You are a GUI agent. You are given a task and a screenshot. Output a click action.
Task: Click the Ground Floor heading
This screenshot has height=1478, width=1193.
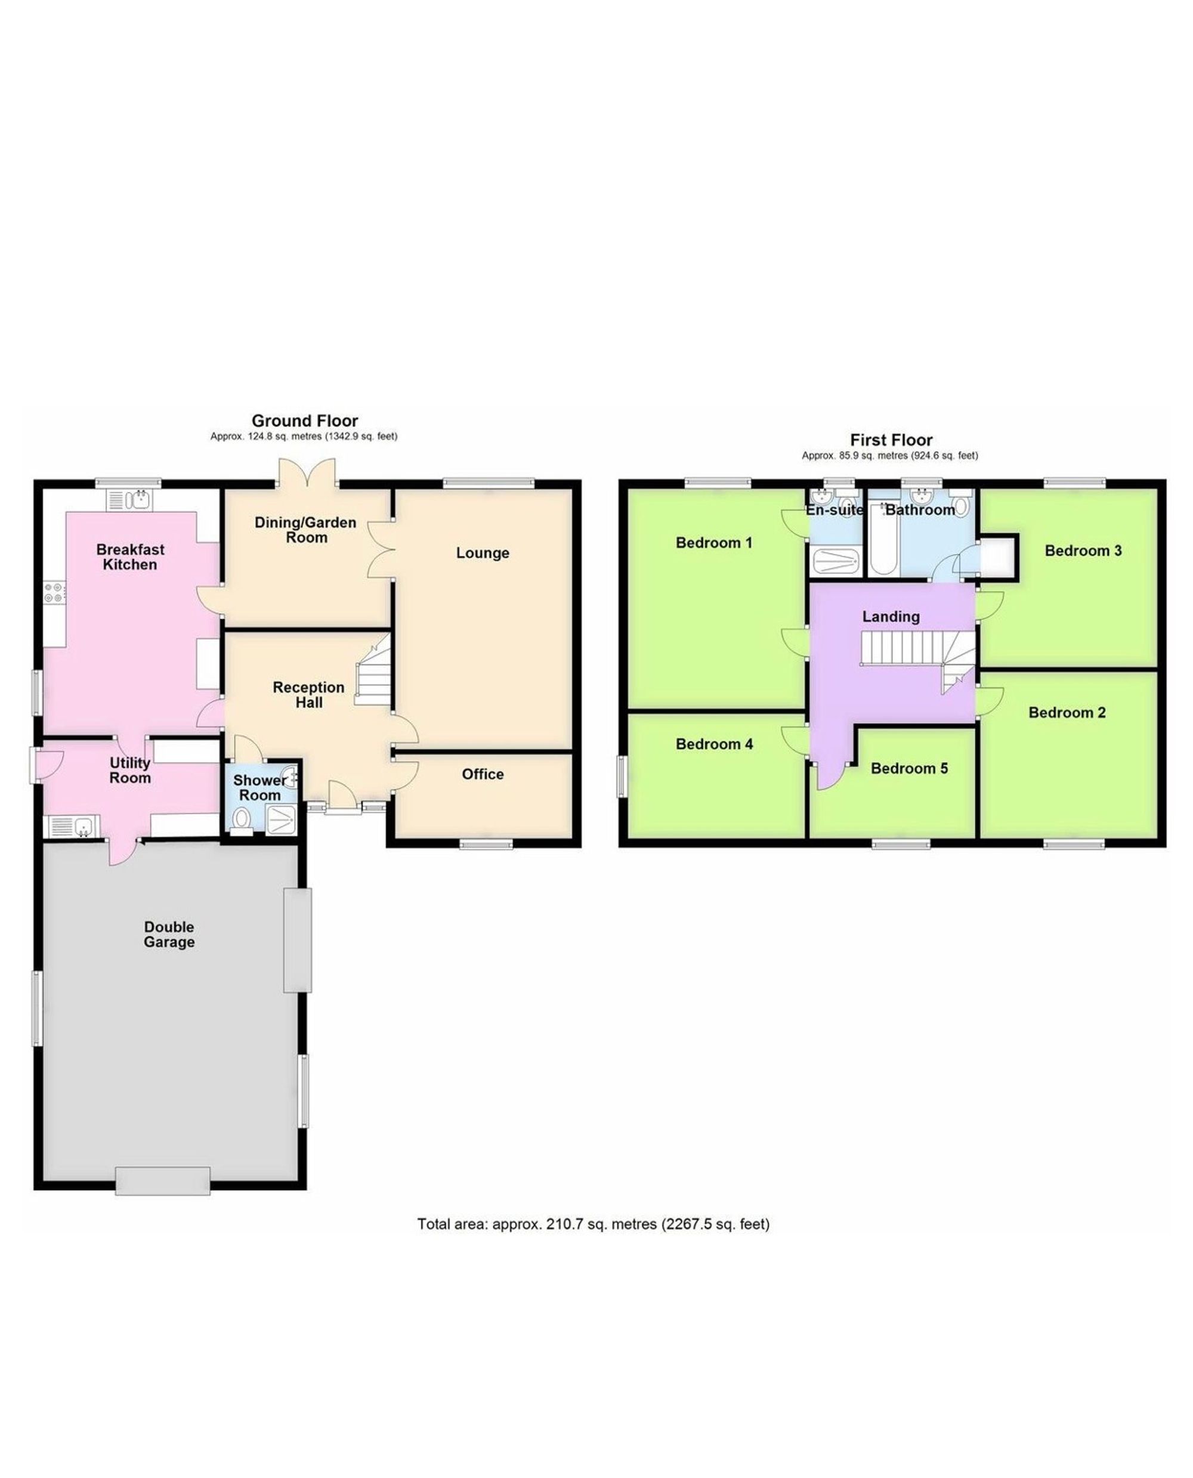click(304, 420)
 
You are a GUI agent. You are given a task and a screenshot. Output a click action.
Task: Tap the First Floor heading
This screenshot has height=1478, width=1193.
click(891, 440)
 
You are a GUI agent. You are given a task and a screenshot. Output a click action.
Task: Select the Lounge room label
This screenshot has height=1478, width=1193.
click(483, 552)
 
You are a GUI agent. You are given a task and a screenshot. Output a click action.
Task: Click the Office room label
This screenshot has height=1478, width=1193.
click(483, 774)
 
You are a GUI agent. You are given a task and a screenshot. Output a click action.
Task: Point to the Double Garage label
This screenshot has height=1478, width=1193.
click(169, 935)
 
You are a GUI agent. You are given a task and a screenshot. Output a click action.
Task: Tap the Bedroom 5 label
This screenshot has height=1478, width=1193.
click(908, 768)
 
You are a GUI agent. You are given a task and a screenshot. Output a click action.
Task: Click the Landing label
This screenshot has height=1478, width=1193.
click(891, 616)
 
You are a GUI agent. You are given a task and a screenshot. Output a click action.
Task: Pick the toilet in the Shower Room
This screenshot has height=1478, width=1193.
click(241, 820)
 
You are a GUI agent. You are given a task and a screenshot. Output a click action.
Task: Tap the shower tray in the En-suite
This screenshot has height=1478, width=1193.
click(835, 562)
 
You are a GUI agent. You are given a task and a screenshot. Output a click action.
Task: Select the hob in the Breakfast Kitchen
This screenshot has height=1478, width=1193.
click(54, 592)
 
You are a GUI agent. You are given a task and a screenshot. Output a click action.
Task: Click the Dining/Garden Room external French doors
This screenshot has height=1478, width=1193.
click(307, 474)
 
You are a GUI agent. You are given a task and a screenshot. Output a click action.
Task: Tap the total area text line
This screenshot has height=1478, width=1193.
click(593, 1224)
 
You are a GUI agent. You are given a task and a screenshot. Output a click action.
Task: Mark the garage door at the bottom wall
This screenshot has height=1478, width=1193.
click(163, 1181)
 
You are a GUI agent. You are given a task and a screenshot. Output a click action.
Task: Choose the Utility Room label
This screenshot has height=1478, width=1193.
click(130, 770)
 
